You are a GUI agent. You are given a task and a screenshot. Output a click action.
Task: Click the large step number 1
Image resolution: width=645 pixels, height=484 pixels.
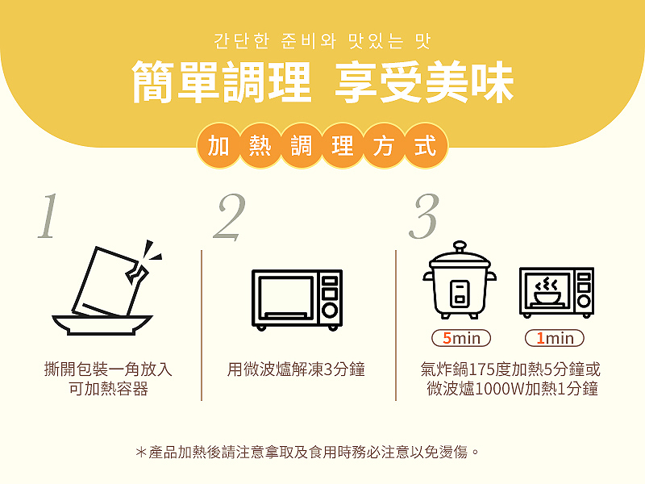point(47,216)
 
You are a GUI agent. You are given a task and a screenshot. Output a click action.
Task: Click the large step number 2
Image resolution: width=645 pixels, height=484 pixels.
point(229,216)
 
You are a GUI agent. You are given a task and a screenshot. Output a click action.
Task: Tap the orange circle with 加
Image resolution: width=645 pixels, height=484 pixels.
point(218,146)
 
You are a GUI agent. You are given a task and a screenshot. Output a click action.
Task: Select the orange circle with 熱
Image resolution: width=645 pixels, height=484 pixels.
point(260,146)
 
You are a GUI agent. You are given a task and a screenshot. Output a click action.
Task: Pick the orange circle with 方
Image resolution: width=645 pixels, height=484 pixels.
point(384,146)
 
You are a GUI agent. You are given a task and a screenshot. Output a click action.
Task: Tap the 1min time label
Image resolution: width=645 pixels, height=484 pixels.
point(556,337)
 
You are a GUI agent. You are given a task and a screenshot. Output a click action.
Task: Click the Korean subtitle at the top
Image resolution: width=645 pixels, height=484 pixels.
point(322,40)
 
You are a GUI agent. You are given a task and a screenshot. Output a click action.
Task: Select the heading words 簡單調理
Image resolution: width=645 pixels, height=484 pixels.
point(222,81)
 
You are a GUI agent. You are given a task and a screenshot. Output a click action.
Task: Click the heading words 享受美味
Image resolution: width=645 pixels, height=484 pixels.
point(424,81)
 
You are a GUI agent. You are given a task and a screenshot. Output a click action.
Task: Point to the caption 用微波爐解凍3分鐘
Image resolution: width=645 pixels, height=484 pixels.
point(296,370)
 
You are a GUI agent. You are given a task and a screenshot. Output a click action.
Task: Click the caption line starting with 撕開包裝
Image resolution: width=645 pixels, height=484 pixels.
point(107,370)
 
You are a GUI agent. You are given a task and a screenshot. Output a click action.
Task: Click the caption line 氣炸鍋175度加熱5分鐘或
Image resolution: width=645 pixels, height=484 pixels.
point(510,370)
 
